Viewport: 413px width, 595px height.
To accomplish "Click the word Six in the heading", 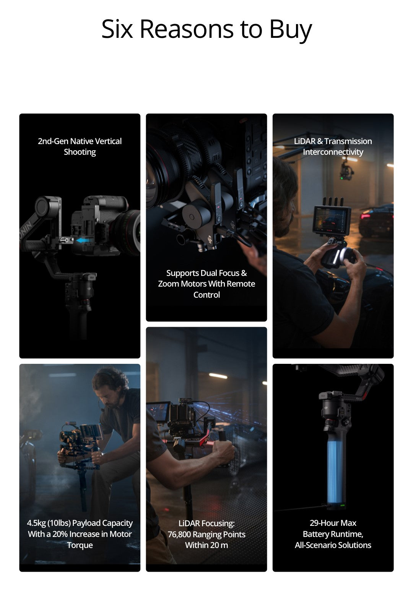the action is click(117, 29).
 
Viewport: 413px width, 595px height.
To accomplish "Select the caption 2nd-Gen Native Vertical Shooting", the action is click(80, 146).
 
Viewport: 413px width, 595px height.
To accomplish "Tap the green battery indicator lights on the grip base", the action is click(342, 505).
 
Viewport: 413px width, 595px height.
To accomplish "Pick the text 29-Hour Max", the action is click(333, 523).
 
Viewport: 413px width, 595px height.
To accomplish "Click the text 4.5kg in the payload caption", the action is click(36, 523).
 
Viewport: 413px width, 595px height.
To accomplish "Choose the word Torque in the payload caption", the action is click(80, 545).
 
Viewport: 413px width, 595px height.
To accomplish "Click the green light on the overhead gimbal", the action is click(341, 178).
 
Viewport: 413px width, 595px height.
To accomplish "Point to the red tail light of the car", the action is click(366, 216).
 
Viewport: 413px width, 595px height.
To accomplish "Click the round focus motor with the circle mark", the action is click(192, 216).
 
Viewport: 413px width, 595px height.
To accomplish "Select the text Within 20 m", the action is click(206, 545).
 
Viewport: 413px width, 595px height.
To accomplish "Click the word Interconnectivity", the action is click(333, 152).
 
